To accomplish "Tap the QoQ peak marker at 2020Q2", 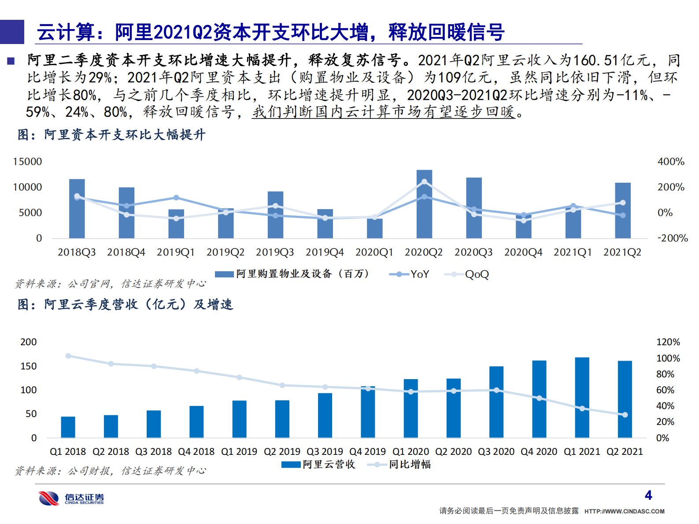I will point(424,181).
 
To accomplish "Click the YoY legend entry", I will point(410,274).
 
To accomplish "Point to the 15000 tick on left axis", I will point(27,162).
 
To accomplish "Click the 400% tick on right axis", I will point(671,162).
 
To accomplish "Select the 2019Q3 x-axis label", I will point(275,252).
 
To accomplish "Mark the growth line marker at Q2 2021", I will point(625,415).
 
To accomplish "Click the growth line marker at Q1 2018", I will point(68,356).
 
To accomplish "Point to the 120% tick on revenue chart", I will point(668,342).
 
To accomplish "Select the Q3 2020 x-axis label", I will point(496,452).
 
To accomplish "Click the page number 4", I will point(648,495).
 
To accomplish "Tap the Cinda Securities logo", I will point(70,498).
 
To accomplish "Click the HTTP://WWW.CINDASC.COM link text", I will point(624,511).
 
